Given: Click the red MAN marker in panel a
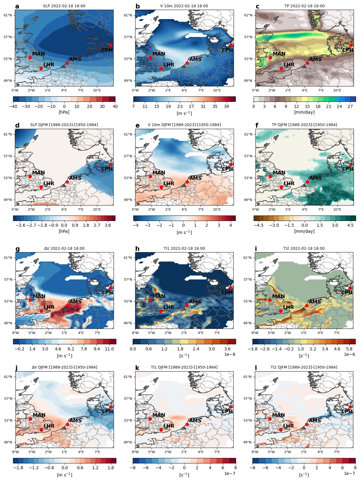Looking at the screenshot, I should [x=30, y=58].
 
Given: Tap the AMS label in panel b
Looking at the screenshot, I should [x=195, y=59].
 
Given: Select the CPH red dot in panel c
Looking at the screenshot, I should [x=351, y=45].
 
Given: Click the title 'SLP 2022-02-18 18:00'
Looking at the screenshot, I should [x=64, y=6].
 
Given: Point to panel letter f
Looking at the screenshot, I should [x=257, y=125].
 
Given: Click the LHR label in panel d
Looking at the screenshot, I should [x=49, y=183].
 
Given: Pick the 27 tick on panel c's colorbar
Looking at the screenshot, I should [x=350, y=106].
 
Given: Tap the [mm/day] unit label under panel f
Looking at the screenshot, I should [x=304, y=231].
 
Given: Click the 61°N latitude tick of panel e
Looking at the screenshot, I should [x=128, y=134].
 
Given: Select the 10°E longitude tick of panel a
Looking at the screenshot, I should [x=97, y=90].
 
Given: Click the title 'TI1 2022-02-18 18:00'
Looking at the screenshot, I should [x=184, y=249].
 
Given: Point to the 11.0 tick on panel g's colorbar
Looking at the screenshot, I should [x=109, y=349].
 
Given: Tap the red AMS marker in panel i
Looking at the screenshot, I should [x=307, y=306].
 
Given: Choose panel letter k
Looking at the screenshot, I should [x=137, y=368].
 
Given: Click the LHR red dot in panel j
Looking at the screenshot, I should [x=41, y=430].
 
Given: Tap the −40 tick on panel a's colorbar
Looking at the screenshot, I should [x=13, y=106].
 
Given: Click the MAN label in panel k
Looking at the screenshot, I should [x=159, y=415].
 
